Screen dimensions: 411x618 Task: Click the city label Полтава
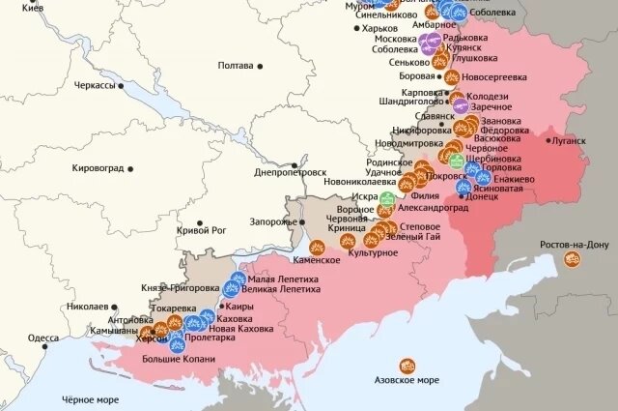236,66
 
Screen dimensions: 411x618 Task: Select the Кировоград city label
98,167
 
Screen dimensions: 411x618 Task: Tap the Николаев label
87,307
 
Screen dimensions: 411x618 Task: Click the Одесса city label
43,338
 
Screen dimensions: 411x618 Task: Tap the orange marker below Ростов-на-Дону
573,259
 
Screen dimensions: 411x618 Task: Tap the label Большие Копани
179,359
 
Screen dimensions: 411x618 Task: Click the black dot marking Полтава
259,66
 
